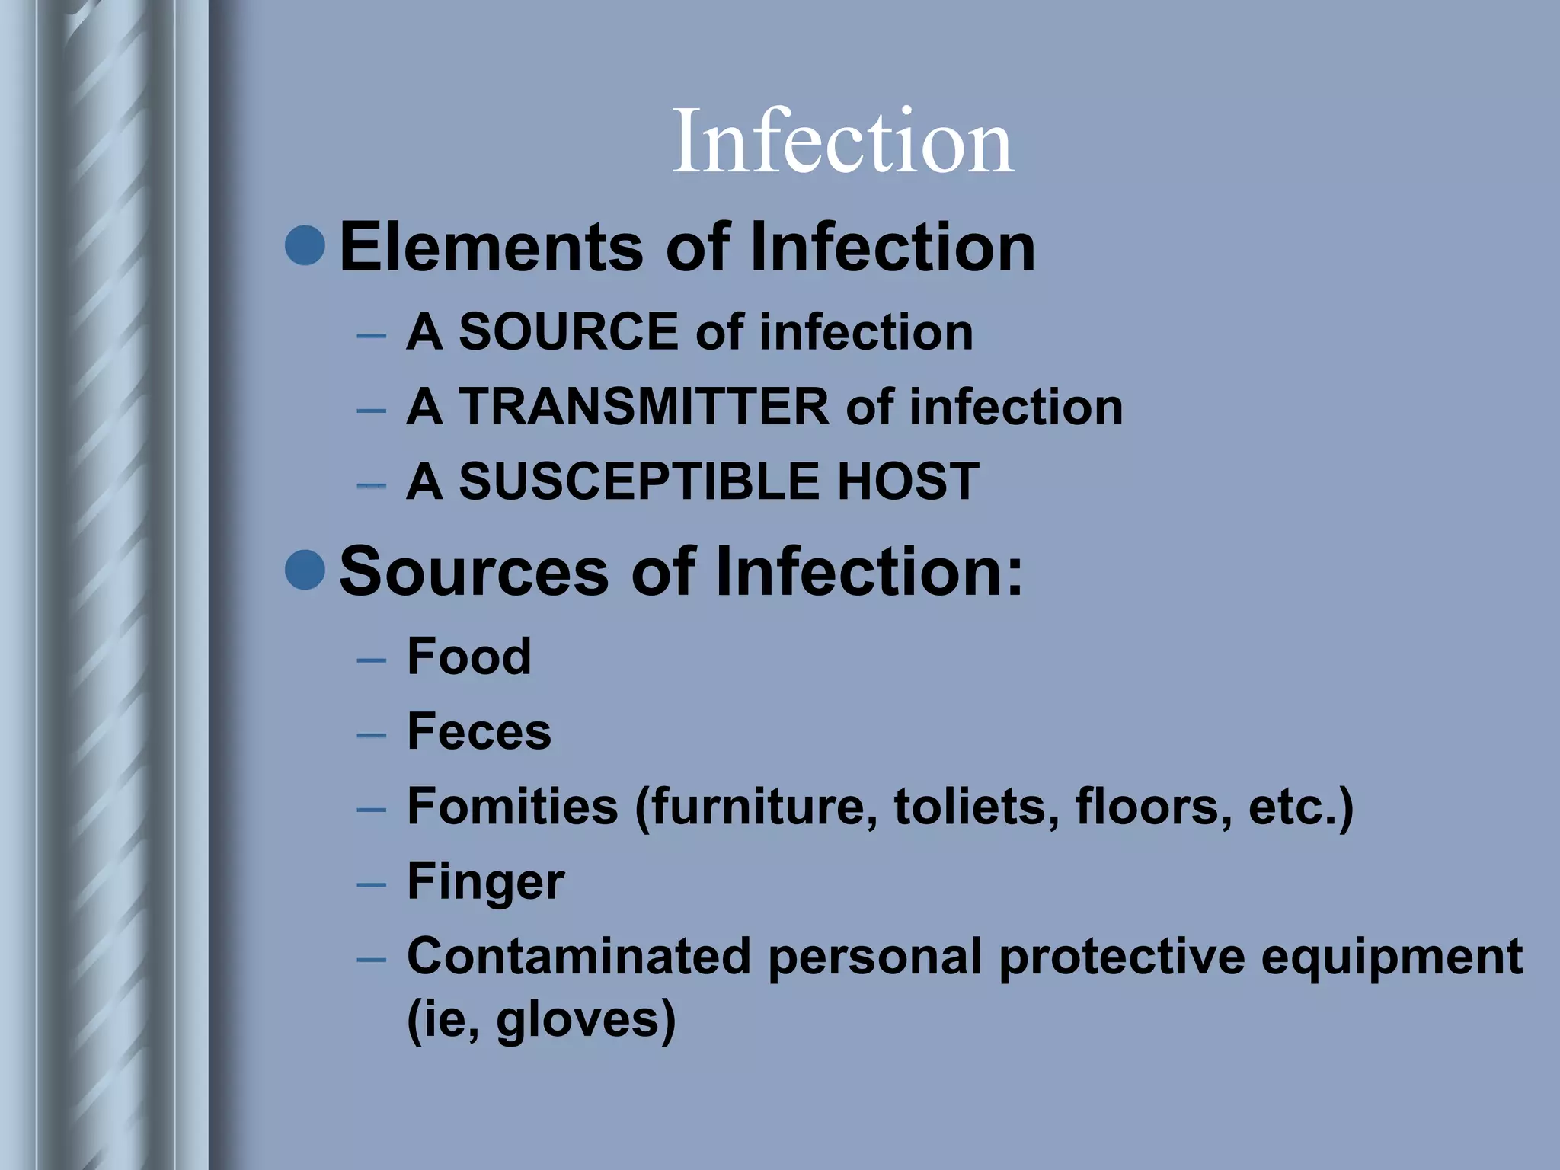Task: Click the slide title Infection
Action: click(x=842, y=142)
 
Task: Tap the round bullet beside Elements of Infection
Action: click(x=305, y=245)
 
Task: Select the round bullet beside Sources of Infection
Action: click(x=305, y=569)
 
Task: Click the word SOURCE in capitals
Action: click(x=568, y=332)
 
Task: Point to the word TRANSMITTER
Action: click(x=643, y=407)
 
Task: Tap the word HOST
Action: click(x=908, y=481)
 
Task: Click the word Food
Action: click(x=468, y=656)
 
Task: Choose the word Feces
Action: click(x=479, y=731)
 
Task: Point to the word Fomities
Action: click(x=512, y=806)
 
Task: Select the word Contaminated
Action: click(x=579, y=956)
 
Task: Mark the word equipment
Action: click(x=1391, y=957)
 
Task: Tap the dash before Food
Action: click(x=371, y=659)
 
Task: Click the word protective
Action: click(x=1122, y=957)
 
